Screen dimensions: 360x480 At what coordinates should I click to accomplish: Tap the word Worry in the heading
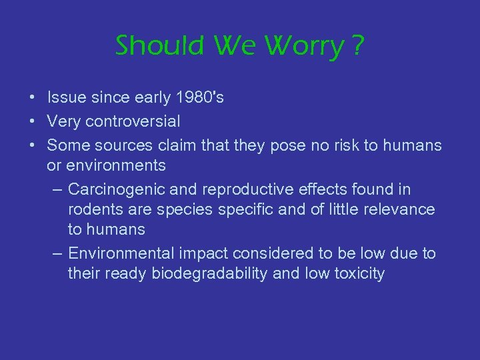coord(304,46)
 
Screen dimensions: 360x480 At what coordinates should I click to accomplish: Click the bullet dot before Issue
coord(33,98)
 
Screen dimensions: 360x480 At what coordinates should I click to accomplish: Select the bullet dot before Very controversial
coord(33,122)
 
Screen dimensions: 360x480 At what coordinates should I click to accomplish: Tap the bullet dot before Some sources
coord(33,145)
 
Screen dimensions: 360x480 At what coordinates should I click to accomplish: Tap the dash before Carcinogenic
coord(57,189)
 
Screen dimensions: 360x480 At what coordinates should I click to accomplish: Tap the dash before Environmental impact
coord(57,253)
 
